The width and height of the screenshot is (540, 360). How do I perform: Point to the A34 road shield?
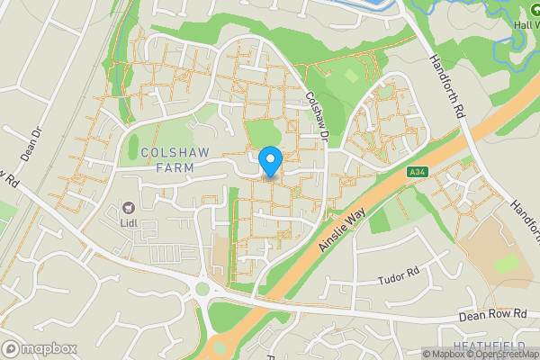click(415, 172)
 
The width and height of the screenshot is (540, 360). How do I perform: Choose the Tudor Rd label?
click(400, 273)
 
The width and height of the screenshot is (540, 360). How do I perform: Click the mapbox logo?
click(39, 348)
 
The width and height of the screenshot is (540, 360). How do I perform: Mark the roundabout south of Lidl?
click(202, 290)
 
